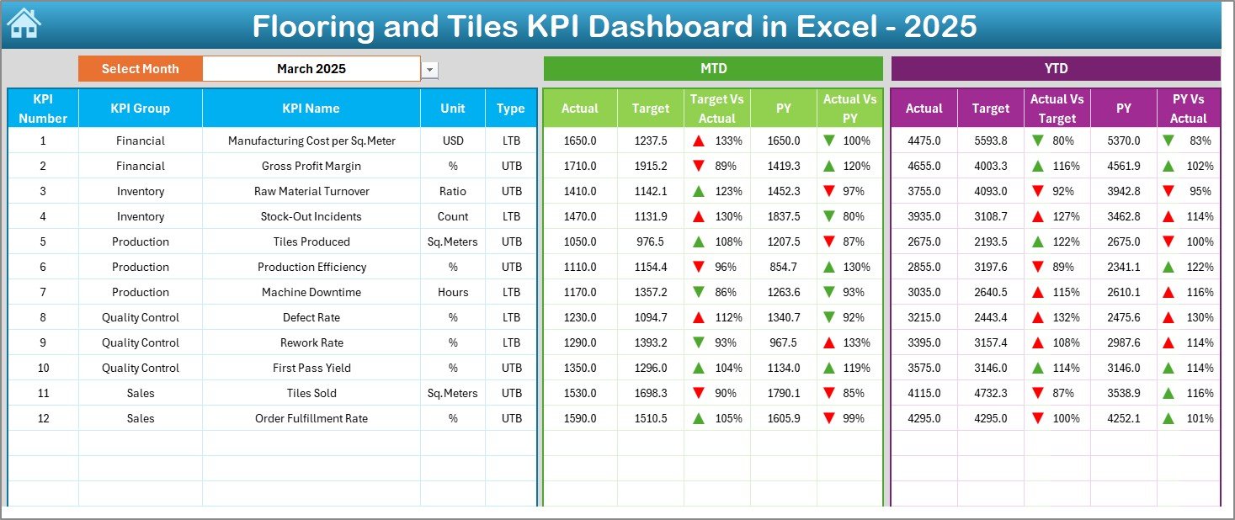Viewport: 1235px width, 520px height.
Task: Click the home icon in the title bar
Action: (x=24, y=24)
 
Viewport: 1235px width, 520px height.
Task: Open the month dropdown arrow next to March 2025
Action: (x=430, y=70)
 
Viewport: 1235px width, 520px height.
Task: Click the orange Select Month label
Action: (x=140, y=69)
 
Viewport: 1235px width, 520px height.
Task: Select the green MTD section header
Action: (x=713, y=69)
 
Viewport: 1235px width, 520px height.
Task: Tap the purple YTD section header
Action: (x=1056, y=69)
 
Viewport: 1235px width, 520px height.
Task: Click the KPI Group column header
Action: (x=140, y=109)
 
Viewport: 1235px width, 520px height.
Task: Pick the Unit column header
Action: (x=453, y=109)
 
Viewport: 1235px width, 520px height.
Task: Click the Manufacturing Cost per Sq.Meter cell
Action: (x=311, y=141)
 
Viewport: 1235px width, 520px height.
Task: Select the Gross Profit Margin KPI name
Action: (x=311, y=166)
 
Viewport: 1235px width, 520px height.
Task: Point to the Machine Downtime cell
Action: (x=311, y=292)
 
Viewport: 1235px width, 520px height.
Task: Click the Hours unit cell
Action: (x=453, y=292)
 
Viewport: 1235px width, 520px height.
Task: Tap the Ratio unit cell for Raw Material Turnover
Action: (x=453, y=191)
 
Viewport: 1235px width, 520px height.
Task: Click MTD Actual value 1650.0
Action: (x=579, y=141)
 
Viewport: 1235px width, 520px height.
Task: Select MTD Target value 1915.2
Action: (x=650, y=166)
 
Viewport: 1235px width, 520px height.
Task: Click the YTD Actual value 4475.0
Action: (x=924, y=141)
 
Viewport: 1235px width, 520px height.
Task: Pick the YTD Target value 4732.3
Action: (x=990, y=393)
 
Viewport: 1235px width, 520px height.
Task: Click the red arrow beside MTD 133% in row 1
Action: (x=699, y=141)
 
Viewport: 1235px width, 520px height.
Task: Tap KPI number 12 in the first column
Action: (x=43, y=418)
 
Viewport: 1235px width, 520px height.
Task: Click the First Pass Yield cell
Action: (x=311, y=368)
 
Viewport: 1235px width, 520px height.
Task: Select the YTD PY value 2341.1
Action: (x=1123, y=267)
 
